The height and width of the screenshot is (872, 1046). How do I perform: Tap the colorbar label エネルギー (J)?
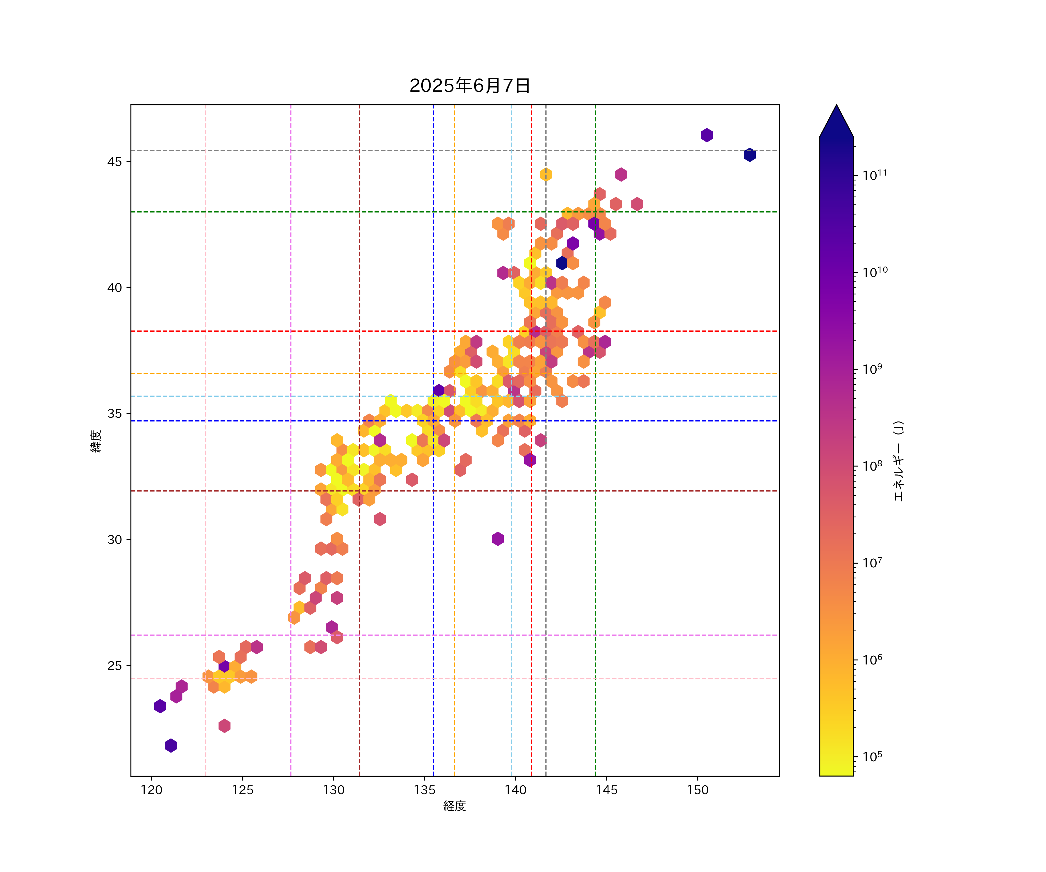(x=898, y=461)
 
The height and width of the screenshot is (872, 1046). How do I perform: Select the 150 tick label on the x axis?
(x=697, y=790)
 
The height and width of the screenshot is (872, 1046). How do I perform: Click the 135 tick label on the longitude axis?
(x=425, y=790)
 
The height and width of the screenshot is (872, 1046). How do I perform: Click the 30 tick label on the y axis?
(x=114, y=540)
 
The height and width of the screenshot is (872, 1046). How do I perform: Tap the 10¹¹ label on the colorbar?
(x=875, y=175)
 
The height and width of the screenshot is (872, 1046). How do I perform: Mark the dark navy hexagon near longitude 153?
(x=750, y=155)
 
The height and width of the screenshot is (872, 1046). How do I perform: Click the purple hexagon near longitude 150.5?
(x=707, y=135)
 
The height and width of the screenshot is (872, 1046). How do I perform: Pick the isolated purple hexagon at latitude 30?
(x=498, y=539)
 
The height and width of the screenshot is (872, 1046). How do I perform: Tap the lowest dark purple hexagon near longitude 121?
(x=171, y=746)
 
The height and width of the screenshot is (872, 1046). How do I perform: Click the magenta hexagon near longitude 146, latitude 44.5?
(x=621, y=174)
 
